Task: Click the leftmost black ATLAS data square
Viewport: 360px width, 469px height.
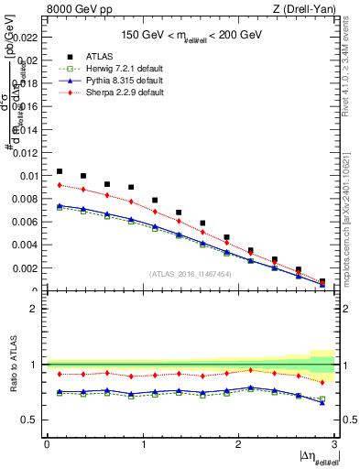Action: pos(60,171)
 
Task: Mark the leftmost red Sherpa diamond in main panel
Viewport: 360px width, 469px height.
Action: pos(60,185)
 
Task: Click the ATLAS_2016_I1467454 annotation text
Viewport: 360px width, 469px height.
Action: pos(191,274)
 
